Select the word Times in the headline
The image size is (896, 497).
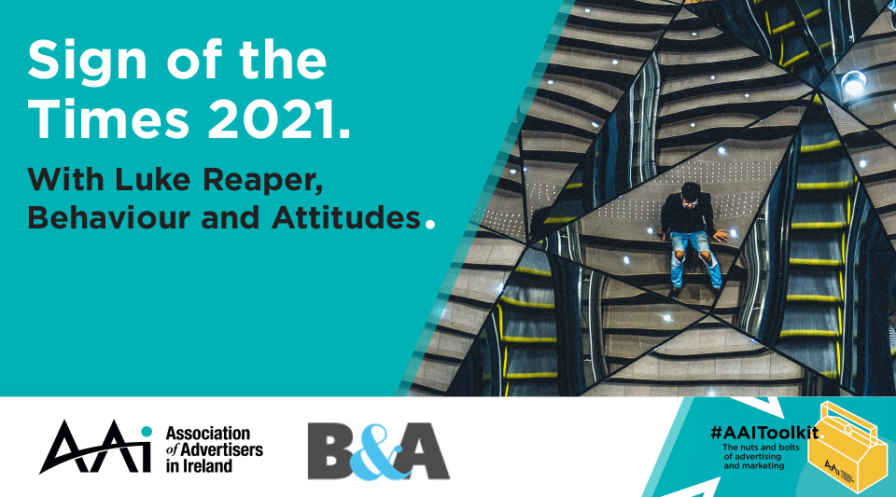click(108, 120)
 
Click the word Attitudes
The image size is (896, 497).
click(345, 218)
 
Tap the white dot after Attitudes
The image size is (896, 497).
click(429, 224)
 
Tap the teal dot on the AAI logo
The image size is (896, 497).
click(147, 432)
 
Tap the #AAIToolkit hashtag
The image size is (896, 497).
click(764, 433)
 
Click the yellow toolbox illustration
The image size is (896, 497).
click(846, 447)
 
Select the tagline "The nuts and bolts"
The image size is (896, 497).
click(762, 448)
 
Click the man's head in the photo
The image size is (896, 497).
click(691, 192)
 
